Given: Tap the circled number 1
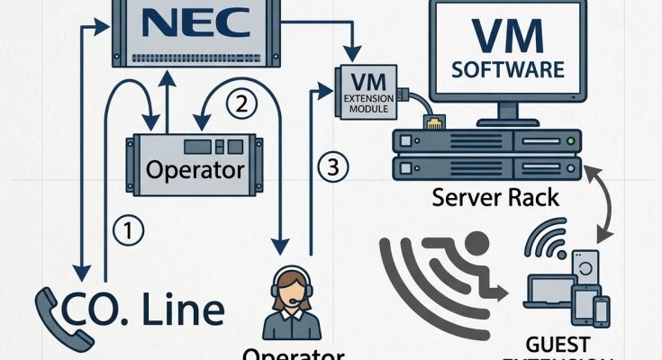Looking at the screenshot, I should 129,231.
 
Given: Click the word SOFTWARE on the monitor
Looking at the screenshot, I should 508,68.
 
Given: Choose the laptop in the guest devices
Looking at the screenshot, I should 549,293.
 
